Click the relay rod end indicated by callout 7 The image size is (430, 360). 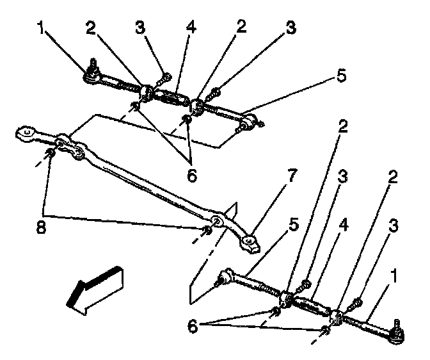[x=250, y=242]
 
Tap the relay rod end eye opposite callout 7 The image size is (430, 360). [x=26, y=134]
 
